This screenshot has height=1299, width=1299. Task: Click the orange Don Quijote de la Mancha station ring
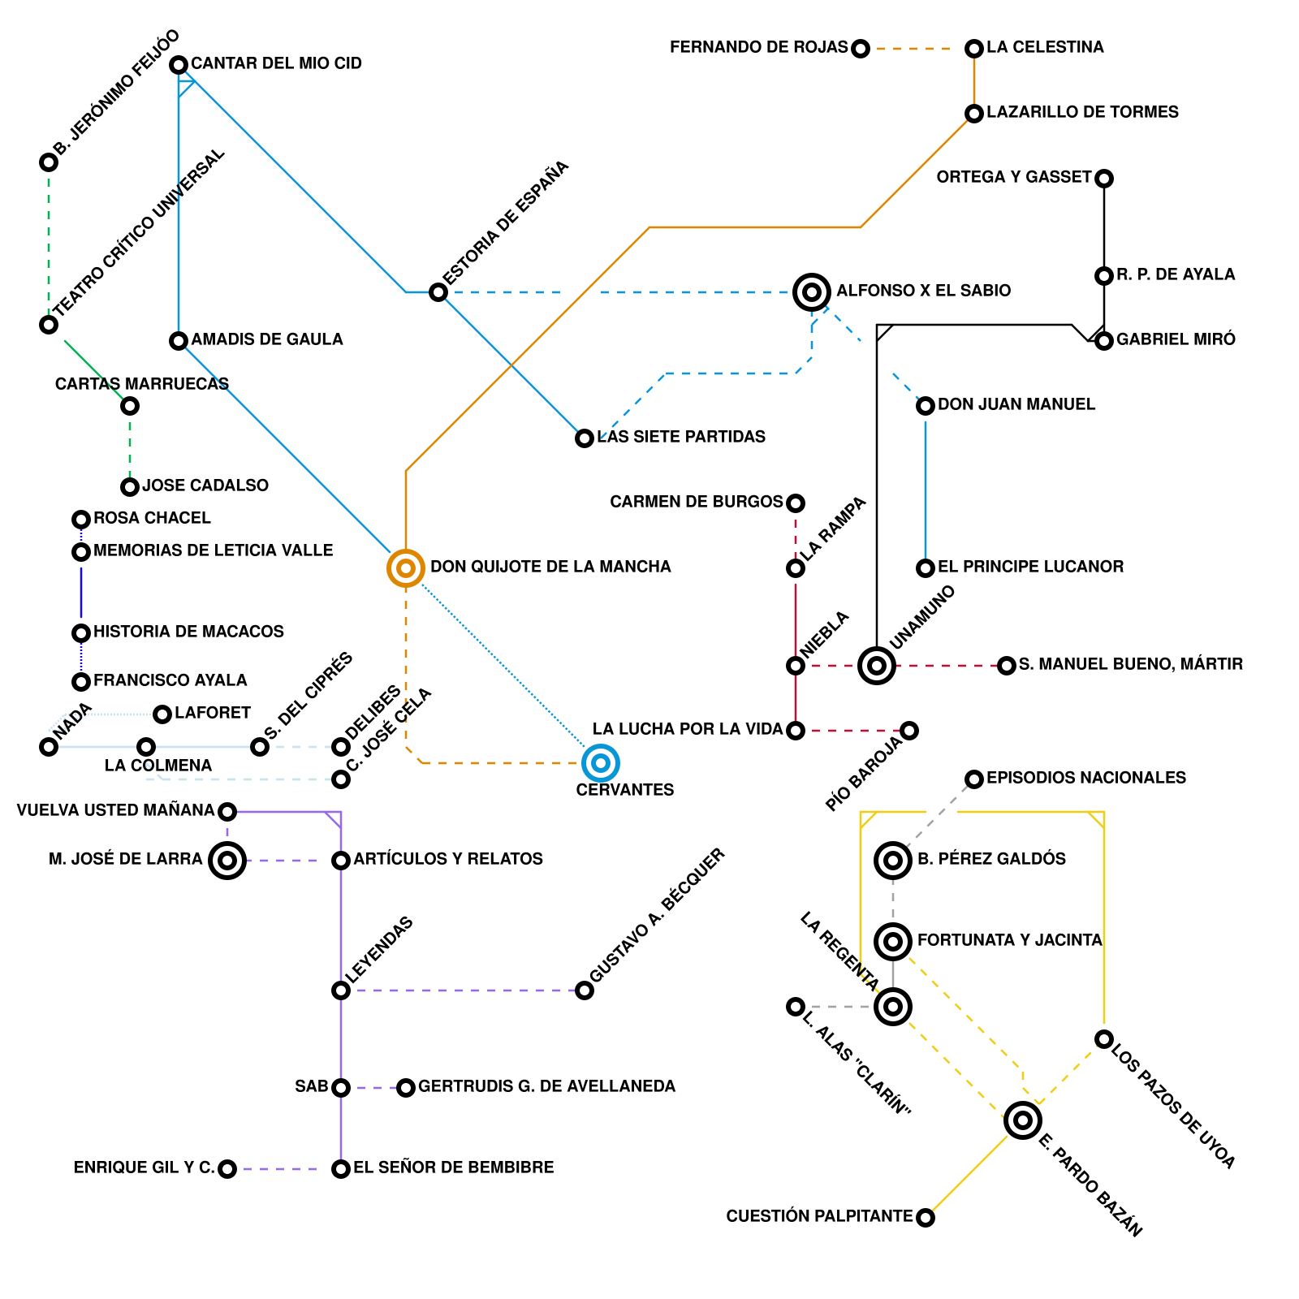406,568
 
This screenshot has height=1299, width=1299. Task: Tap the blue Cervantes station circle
601,763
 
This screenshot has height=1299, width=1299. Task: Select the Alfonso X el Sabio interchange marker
812,292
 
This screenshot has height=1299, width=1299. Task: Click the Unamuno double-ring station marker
877,666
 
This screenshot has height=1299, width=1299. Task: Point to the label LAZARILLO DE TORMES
1082,112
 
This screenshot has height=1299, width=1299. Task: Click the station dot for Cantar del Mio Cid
179,65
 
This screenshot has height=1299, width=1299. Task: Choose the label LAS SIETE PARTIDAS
681,437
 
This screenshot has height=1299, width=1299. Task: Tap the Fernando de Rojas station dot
861,49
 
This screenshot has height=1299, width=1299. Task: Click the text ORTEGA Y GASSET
1014,177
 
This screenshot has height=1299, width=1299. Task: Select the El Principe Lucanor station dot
926,568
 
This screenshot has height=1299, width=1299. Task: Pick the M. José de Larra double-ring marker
227,861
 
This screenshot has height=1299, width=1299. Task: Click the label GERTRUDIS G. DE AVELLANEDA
546,1086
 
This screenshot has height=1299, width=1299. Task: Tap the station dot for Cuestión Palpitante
926,1218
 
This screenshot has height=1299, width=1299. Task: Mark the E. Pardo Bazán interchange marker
1023,1120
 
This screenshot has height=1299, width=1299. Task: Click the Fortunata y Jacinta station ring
893,942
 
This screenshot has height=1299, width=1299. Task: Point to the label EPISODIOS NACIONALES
1086,778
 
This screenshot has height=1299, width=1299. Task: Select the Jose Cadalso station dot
130,487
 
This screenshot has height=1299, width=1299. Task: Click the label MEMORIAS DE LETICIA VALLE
213,550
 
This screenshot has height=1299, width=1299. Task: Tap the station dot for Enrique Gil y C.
227,1169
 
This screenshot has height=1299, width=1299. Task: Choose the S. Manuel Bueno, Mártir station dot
1007,666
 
